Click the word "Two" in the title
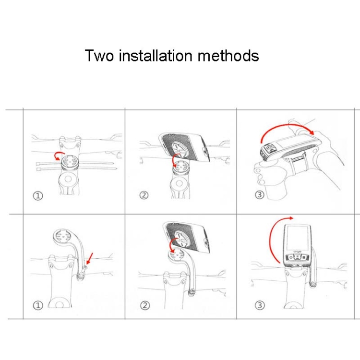[99, 56]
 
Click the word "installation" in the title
[156, 55]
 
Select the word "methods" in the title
[228, 55]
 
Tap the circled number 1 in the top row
[38, 196]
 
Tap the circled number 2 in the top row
[144, 195]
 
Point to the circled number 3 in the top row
[260, 195]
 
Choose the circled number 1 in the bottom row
[38, 305]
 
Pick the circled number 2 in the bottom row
[145, 305]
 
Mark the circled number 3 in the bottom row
[260, 305]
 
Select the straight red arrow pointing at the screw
[90, 259]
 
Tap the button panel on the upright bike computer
[297, 257]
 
